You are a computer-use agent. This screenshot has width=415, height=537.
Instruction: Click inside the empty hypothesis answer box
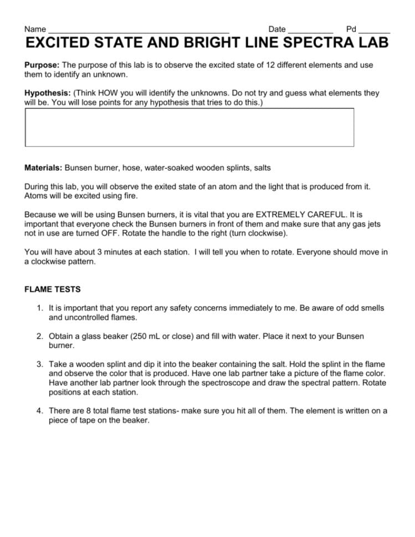click(x=189, y=127)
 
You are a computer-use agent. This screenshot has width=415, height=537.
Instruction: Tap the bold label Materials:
click(x=44, y=167)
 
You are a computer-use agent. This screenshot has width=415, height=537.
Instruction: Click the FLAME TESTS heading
click(x=53, y=289)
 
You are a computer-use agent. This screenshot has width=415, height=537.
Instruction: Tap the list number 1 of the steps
click(x=39, y=307)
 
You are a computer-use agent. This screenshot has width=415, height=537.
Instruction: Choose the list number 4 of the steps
click(x=39, y=411)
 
